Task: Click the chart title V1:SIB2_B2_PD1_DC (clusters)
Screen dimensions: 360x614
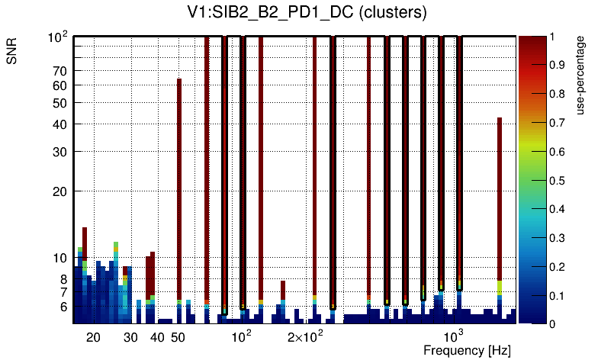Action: click(x=307, y=13)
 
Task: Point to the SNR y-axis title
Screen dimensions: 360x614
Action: click(x=12, y=53)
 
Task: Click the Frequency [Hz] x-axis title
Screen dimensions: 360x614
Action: click(x=467, y=350)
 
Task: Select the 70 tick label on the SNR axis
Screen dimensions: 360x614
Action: click(x=59, y=71)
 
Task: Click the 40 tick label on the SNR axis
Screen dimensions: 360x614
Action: click(x=59, y=124)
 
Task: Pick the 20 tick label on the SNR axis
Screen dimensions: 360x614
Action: click(x=59, y=191)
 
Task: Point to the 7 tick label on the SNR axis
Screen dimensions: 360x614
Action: click(x=63, y=292)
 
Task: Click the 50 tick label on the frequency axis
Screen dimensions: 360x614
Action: click(x=177, y=337)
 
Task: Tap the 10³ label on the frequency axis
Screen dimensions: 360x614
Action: click(x=454, y=336)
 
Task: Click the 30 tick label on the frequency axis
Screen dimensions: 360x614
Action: click(x=130, y=337)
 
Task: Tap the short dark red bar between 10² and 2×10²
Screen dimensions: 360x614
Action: click(x=283, y=290)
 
